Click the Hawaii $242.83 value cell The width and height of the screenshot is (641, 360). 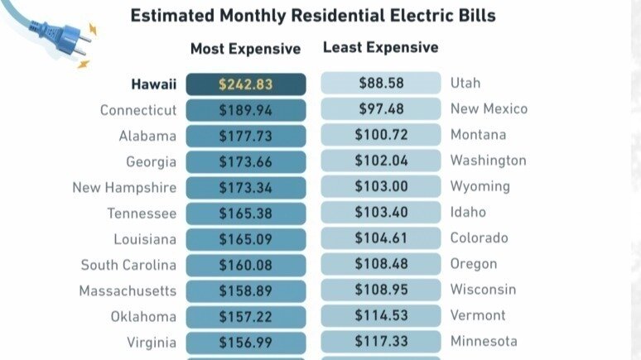[246, 84]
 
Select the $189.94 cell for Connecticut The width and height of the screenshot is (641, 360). [246, 110]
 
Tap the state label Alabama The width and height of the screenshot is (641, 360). [147, 136]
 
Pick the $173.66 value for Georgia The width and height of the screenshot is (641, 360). [246, 162]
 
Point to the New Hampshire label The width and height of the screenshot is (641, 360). [124, 188]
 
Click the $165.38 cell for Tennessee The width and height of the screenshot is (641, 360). [246, 214]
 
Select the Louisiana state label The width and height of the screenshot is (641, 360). [145, 239]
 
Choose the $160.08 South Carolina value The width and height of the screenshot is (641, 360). [246, 266]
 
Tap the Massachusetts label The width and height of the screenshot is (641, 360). [128, 291]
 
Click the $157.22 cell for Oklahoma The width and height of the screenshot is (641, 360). [246, 317]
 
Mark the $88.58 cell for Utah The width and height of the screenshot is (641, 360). [381, 83]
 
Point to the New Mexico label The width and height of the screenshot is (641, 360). [489, 109]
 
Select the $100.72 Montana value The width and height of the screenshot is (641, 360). [381, 135]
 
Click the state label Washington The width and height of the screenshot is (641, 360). [488, 161]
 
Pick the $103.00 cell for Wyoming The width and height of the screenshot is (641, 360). [381, 186]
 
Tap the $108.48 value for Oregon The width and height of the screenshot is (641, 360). [381, 264]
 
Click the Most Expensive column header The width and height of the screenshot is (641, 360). [245, 49]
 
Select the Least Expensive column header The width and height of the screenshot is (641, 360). [380, 47]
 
